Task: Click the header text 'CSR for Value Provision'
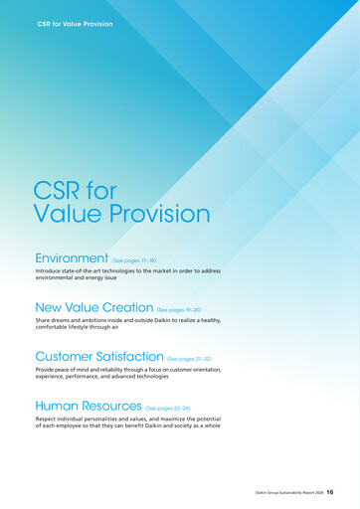76,23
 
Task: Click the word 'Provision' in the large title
151,214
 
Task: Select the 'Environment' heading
71,258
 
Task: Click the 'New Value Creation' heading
93,308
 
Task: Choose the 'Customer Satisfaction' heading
98,356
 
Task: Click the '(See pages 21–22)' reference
189,358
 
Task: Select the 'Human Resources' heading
88,406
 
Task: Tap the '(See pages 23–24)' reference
167,408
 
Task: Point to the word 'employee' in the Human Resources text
78,425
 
